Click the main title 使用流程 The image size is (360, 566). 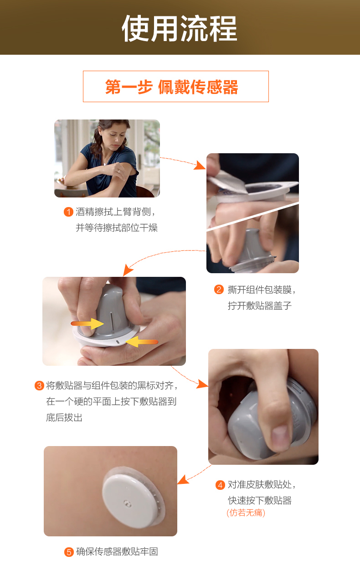pos(180,28)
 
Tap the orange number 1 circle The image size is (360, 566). pos(68,212)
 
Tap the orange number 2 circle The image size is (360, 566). pos(219,290)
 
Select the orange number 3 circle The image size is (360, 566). pos(39,386)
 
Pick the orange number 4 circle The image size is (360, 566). pos(220,485)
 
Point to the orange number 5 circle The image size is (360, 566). pos(69,552)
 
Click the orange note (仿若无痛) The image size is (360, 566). pos(246,513)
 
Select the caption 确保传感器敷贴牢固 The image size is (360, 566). pos(117,552)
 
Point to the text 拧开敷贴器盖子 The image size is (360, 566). pos(259,306)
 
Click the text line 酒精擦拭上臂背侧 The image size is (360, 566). pos(116,212)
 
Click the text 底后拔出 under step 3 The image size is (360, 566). pos(64,417)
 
